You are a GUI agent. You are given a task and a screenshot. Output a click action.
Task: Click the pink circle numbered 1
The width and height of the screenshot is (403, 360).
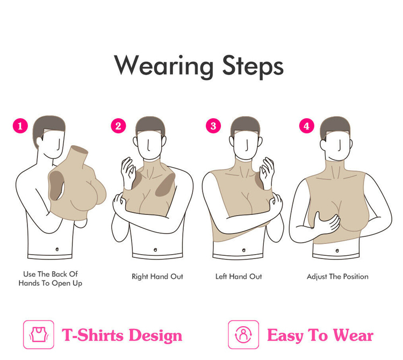coord(20,126)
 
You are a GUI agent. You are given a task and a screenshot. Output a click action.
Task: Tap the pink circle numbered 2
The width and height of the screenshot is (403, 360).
coord(118,126)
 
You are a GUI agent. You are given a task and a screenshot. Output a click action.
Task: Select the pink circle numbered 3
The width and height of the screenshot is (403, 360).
coord(213,126)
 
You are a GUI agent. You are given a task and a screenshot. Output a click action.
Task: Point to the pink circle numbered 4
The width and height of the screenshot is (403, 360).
coord(307,126)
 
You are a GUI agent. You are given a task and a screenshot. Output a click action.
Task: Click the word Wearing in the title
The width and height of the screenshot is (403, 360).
coord(164,66)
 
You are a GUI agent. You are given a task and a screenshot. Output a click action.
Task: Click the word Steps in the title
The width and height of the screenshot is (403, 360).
coord(253,66)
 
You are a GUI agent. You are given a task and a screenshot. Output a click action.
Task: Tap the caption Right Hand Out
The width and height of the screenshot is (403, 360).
coord(157,277)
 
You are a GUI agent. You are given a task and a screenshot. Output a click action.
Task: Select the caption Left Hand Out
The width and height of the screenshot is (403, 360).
coord(239,277)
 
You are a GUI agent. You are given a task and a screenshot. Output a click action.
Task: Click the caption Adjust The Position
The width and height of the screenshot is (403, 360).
coord(337,277)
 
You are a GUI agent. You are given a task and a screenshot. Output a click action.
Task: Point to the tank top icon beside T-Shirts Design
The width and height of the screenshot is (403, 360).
coord(39,335)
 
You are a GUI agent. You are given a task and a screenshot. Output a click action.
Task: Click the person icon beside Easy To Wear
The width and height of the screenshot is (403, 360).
coord(243,335)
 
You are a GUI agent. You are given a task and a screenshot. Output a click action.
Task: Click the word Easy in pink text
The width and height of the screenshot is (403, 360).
coord(285,336)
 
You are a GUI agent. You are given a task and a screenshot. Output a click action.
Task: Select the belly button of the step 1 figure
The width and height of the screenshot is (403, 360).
coord(57,249)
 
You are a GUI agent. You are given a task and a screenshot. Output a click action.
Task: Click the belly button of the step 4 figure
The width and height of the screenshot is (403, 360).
coord(337,250)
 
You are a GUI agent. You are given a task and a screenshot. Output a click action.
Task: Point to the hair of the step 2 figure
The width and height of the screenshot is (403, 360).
coord(150,125)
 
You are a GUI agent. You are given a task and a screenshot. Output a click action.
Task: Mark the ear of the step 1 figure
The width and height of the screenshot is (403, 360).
coord(40,142)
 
